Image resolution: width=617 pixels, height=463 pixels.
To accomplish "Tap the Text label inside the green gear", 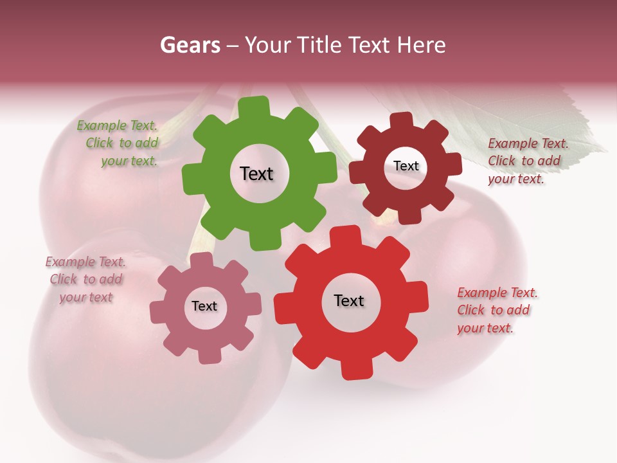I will point(256,174).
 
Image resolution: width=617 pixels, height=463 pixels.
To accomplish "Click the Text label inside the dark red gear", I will point(406,166).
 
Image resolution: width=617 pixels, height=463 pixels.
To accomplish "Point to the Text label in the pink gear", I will point(204,307).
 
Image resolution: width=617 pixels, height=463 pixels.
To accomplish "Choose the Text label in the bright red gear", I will point(349,301).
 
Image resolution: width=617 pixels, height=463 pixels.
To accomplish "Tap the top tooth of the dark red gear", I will point(402,121).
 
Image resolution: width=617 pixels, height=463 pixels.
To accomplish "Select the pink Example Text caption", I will point(85,280).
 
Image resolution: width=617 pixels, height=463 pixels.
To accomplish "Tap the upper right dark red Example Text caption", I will point(528,161).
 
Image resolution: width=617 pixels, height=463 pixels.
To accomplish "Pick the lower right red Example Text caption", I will point(497,311).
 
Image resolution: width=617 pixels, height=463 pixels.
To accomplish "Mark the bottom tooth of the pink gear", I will point(207,356).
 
